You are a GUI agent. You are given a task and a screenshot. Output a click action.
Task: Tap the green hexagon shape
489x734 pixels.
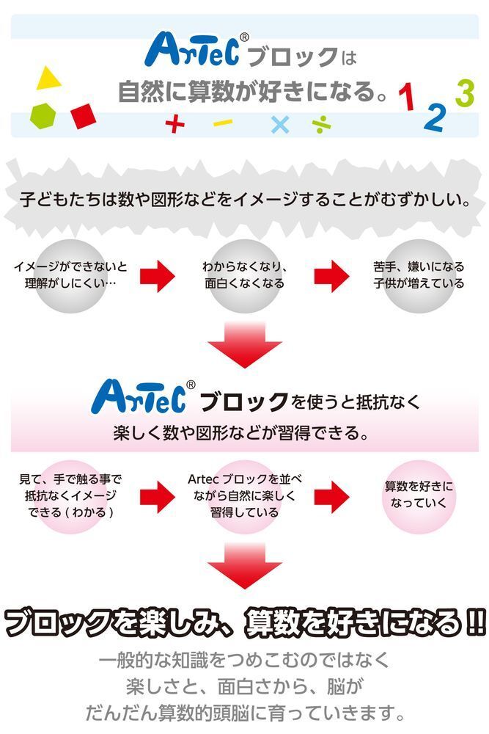43,115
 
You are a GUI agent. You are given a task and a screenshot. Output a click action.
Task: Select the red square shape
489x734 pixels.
84,116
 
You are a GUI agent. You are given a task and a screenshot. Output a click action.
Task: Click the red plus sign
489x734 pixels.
174,124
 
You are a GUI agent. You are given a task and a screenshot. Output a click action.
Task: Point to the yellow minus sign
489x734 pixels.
223,123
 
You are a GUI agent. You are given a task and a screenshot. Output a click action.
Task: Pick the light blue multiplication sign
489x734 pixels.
280,124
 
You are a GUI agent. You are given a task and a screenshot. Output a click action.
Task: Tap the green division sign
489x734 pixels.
322,125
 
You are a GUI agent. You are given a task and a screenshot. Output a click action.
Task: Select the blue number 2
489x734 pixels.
434,117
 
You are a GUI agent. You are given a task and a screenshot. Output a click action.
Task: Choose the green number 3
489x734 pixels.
465,93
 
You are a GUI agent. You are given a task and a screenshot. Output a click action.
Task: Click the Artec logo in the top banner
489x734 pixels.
196,48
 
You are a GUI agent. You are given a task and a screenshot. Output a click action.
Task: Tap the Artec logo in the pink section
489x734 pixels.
143,397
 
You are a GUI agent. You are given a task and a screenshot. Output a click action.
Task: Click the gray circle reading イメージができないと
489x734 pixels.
70,276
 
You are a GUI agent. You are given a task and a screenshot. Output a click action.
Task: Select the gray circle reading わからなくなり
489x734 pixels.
244,276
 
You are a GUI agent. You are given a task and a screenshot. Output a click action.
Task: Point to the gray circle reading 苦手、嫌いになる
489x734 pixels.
419,276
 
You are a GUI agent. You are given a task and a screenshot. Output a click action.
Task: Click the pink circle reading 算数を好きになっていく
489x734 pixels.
419,497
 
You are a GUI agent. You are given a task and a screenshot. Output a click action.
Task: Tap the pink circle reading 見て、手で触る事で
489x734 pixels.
70,497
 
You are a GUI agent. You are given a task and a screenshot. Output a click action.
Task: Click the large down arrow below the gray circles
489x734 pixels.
245,344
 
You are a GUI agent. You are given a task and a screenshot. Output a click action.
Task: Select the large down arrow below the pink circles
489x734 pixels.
245,566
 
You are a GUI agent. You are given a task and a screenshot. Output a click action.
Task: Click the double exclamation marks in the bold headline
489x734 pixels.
476,622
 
